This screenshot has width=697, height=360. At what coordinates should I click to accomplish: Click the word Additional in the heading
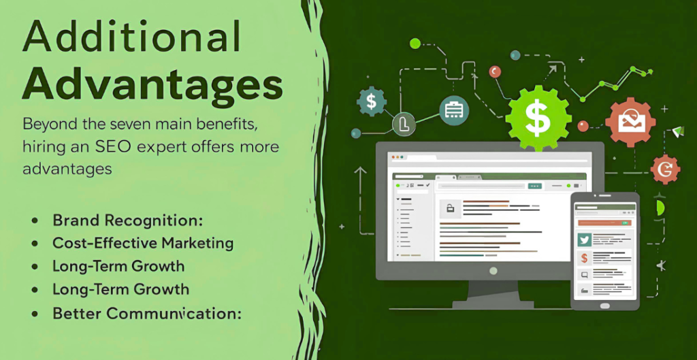pos(131,38)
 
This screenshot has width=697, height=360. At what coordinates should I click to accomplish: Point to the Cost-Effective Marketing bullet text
pos(143,243)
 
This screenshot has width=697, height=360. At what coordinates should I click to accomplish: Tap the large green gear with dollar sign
pos(537,118)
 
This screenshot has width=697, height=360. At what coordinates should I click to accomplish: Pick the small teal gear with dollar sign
pos(371,102)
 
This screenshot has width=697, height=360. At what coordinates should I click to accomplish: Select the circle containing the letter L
pos(404,124)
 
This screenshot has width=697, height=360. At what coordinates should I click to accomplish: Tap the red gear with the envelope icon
pos(630,122)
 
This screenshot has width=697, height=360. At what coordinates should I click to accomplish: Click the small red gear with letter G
pos(664,169)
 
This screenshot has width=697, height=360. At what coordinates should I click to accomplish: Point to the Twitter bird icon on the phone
pos(584,240)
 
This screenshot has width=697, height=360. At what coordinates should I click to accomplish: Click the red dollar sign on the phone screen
pos(584,258)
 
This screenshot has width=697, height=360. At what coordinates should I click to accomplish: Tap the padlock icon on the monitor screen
pos(450,208)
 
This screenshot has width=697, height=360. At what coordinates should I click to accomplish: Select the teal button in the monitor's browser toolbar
pos(534,185)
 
